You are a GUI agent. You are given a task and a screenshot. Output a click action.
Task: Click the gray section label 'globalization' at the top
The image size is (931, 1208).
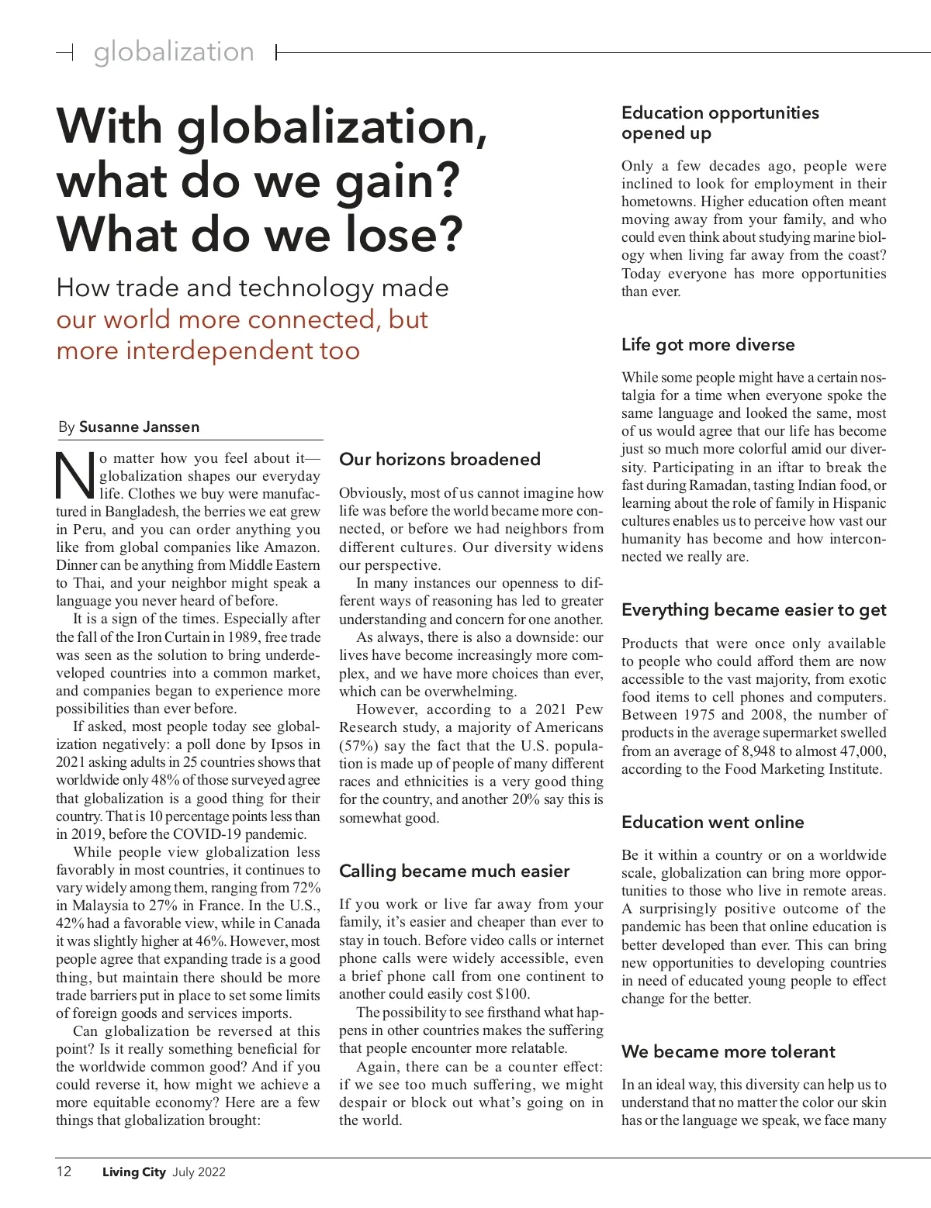[174, 52]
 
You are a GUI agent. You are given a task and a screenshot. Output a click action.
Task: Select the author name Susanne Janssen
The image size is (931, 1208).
[139, 426]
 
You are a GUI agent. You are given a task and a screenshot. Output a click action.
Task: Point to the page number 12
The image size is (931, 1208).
[64, 1172]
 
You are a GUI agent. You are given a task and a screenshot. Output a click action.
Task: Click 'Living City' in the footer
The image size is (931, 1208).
[133, 1172]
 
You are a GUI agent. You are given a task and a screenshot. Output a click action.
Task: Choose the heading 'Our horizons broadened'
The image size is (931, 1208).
[439, 459]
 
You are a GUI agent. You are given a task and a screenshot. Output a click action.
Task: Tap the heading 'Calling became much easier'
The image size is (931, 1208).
[454, 871]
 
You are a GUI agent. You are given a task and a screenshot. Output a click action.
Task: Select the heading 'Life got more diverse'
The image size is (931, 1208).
[708, 344]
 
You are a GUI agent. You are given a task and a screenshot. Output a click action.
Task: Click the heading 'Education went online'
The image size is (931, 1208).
[712, 822]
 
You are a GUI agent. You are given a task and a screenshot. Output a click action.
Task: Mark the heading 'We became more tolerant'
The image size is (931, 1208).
[728, 1051]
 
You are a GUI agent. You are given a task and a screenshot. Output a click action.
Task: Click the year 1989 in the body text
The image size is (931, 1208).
[243, 637]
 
